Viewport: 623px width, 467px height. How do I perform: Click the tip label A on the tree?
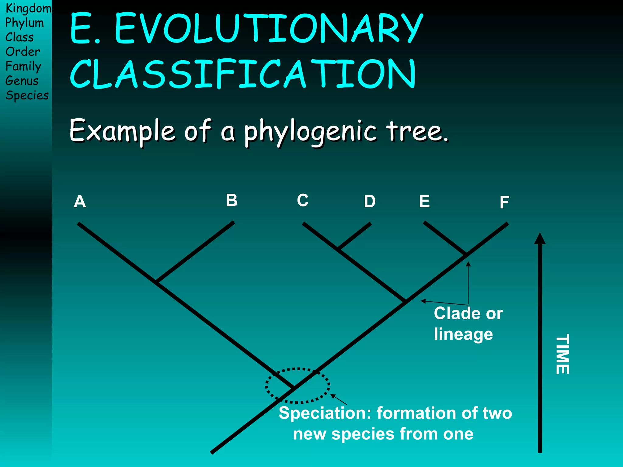[x=80, y=202]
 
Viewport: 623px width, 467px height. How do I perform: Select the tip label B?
[x=231, y=200]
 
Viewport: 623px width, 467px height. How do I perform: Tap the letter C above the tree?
[x=303, y=200]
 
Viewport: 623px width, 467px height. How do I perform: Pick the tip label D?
[x=370, y=201]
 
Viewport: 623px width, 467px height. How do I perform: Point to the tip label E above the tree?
[x=424, y=201]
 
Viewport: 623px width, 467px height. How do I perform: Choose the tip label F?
[x=504, y=202]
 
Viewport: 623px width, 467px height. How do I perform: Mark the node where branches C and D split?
[x=339, y=249]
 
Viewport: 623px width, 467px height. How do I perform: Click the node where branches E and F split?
[x=466, y=254]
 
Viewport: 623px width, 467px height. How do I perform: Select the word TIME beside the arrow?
[x=562, y=355]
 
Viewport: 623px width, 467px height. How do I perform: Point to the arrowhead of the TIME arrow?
[x=540, y=239]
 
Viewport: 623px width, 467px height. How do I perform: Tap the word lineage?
[x=463, y=334]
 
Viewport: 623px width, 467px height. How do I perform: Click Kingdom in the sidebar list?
[x=28, y=9]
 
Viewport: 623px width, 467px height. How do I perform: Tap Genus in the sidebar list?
[x=22, y=81]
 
